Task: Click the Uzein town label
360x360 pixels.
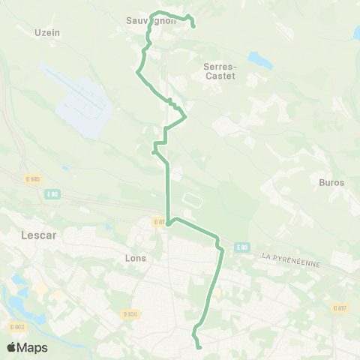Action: [x=47, y=32]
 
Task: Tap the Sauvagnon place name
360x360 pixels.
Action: [x=151, y=21]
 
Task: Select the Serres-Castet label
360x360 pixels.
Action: [x=220, y=70]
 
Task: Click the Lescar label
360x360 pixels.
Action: [x=31, y=234]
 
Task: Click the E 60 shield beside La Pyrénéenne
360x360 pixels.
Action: [x=241, y=247]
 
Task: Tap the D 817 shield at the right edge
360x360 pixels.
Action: [x=340, y=308]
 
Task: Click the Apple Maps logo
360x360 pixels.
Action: [x=26, y=347]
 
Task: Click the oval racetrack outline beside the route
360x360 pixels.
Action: [x=193, y=200]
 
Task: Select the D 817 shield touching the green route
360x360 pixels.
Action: [x=159, y=222]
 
